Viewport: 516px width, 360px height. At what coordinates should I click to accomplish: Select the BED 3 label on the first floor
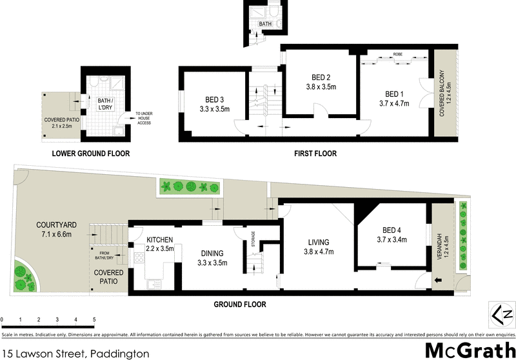coord(215,99)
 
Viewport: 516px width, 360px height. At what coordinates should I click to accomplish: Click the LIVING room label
coord(318,243)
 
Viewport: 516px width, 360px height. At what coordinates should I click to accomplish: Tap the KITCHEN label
coord(159,239)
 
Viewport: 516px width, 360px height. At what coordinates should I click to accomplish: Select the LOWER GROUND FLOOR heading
coord(91,154)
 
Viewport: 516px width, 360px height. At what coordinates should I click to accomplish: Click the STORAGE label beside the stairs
coord(253,238)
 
